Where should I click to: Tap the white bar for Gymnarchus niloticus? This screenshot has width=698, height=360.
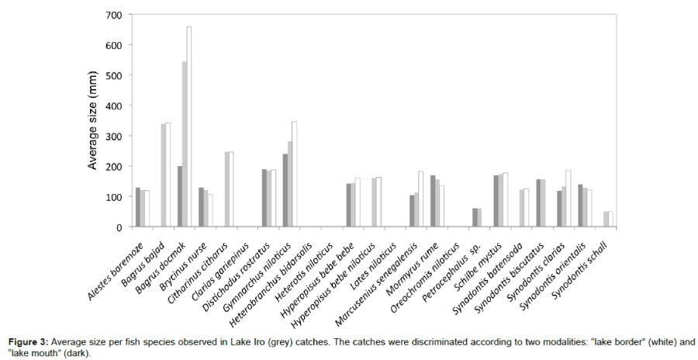pos(295,174)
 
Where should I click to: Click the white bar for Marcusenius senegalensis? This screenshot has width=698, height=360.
pos(421,199)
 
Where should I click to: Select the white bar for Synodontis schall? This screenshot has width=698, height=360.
pos(610,219)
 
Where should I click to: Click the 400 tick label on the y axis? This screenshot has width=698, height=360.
pos(112,106)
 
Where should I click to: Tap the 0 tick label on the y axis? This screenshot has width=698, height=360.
pos(118,227)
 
